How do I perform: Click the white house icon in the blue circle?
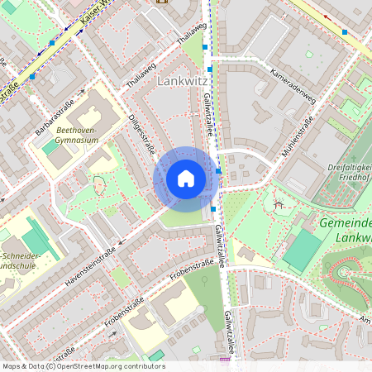[x=186, y=179]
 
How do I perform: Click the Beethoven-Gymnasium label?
[x=78, y=136]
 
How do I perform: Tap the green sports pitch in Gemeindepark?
[x=303, y=249]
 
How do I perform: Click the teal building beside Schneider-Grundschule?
[x=35, y=241]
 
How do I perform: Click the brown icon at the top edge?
[x=160, y=2]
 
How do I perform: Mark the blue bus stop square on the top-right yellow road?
[x=345, y=31]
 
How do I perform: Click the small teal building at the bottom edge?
[x=156, y=355]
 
